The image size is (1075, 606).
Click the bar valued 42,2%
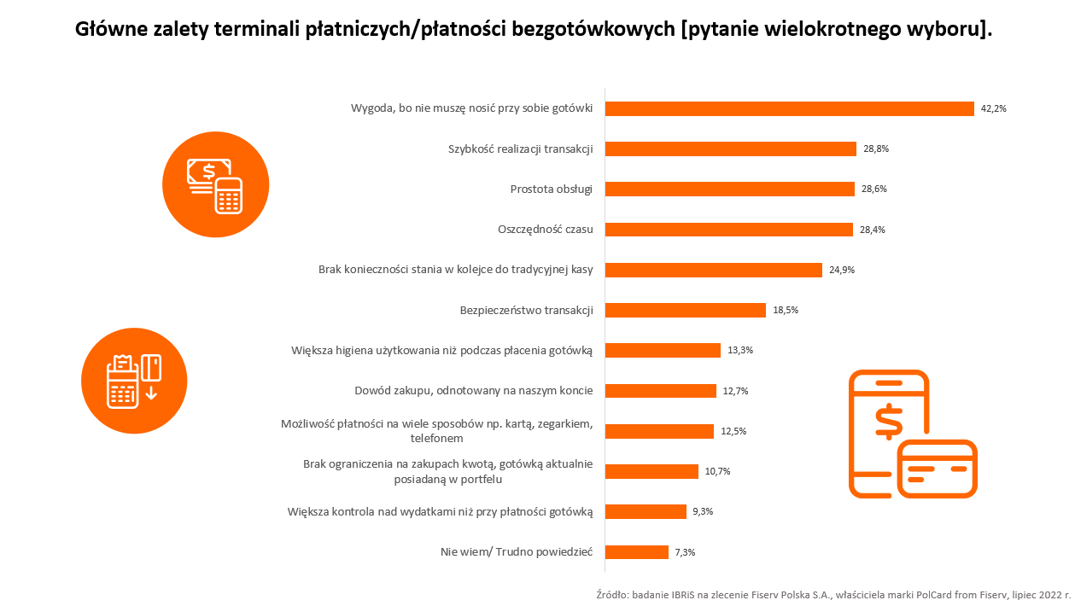790,108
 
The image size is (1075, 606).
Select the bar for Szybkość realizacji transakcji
731,149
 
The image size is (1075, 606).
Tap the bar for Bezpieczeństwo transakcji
686,310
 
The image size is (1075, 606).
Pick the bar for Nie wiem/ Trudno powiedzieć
637,552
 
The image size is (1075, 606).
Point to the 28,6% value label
874,189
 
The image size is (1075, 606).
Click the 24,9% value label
841,270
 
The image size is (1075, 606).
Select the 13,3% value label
740,350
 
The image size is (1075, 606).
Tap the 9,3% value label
704,511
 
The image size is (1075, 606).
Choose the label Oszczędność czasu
545,230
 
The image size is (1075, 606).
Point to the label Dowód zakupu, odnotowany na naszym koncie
473,391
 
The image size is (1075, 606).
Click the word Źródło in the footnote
611,594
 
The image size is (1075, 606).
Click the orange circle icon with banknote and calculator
215,184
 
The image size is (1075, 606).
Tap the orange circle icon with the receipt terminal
134,381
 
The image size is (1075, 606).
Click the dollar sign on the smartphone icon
888,421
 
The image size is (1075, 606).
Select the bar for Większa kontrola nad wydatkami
646,511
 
